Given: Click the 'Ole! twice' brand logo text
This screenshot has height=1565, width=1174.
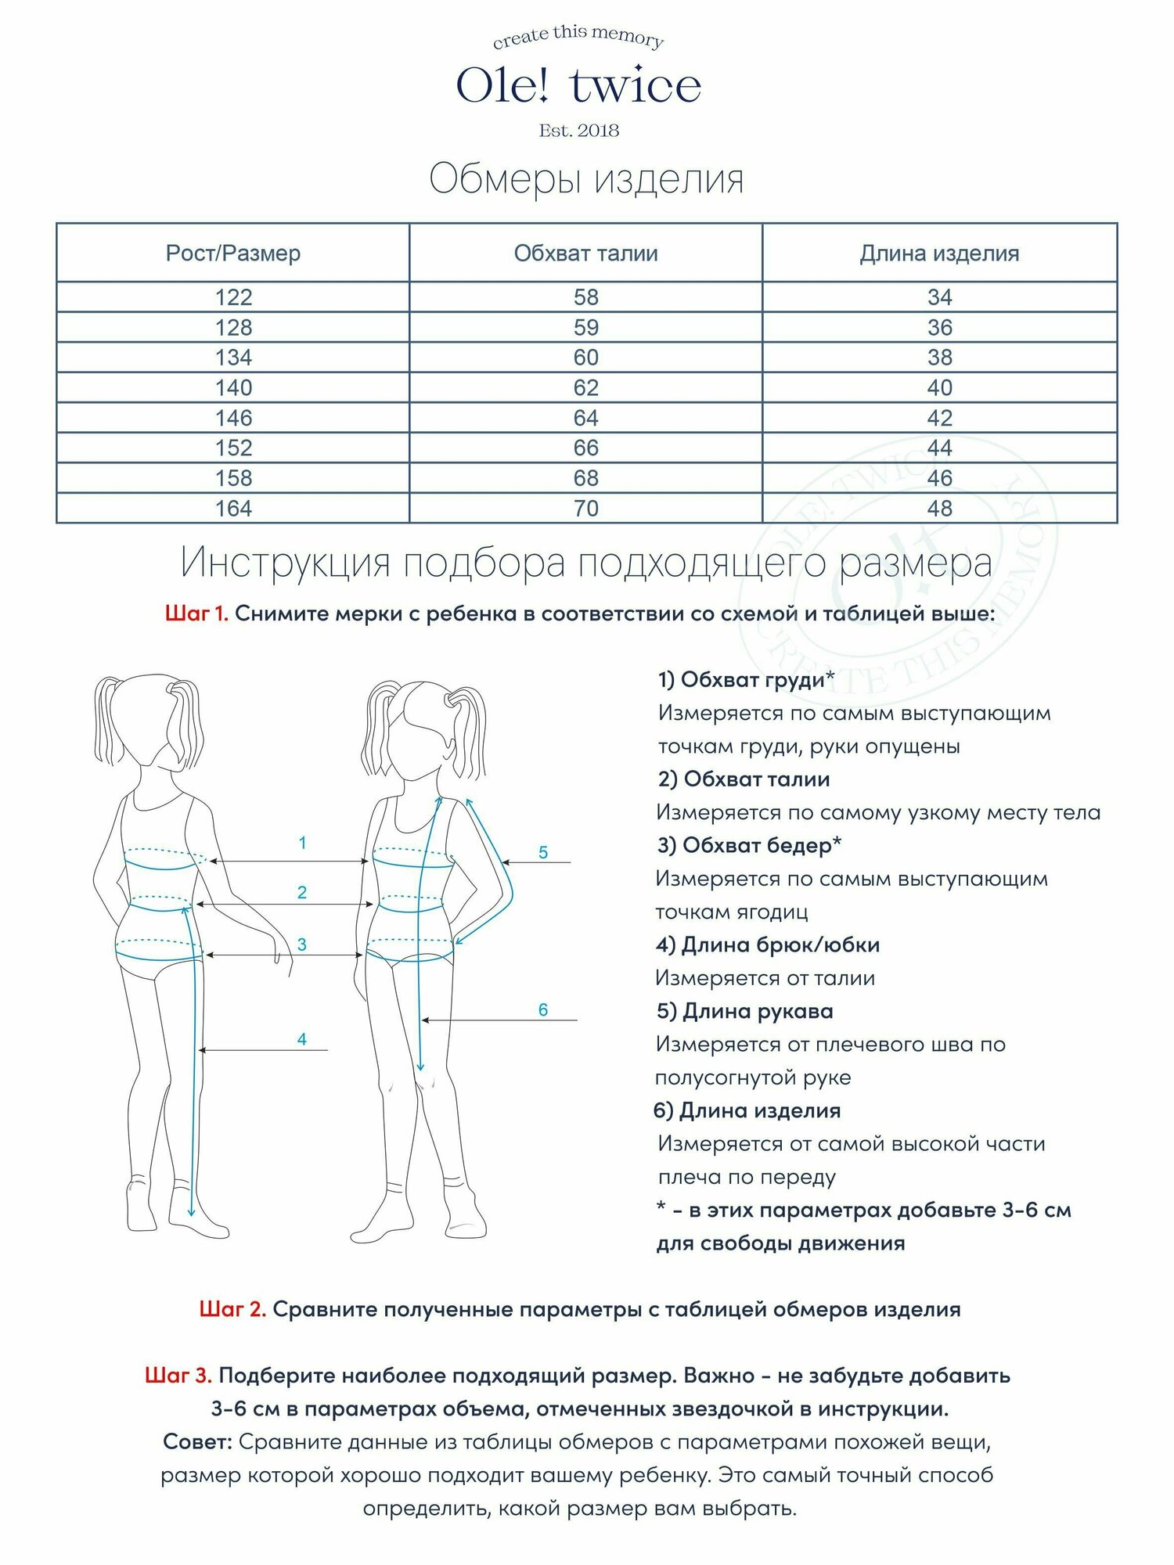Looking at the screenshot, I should tap(578, 86).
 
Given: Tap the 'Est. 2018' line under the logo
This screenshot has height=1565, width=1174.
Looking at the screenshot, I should tap(578, 131).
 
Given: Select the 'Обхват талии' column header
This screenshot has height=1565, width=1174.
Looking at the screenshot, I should tap(585, 254).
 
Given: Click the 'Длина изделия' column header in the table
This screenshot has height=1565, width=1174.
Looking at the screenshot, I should tap(939, 254).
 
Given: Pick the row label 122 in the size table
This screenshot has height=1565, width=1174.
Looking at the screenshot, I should tap(233, 297).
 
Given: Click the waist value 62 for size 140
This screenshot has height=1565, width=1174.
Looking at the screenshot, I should tap(585, 388).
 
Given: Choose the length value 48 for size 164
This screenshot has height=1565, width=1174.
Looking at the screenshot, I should tap(939, 509).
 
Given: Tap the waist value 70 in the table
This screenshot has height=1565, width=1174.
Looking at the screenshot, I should tap(585, 509).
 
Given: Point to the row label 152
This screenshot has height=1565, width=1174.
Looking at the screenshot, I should tap(233, 448).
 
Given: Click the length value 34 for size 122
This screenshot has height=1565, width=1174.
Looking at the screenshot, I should tap(939, 297).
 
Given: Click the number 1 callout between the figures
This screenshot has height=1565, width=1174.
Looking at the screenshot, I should tap(302, 844).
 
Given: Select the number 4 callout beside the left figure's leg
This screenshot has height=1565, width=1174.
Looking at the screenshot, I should tap(302, 1040).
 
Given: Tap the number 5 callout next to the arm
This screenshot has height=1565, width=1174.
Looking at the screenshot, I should tap(543, 853).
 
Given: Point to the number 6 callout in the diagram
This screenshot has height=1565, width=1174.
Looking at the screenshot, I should tap(543, 1010).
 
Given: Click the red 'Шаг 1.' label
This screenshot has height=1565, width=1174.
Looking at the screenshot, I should tap(196, 614).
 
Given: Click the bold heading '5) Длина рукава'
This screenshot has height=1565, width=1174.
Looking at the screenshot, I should tap(744, 1012).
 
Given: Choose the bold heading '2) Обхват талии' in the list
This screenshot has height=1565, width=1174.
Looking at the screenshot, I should tap(744, 779).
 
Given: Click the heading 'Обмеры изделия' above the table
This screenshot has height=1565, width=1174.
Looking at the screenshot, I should tap(586, 179).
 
